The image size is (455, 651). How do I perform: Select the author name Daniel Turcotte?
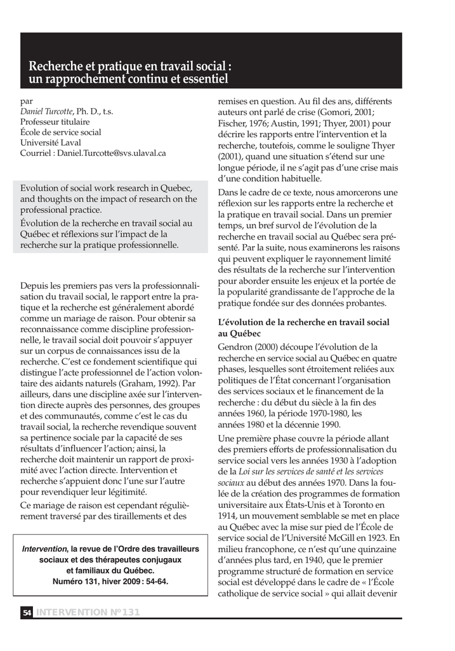click(46, 112)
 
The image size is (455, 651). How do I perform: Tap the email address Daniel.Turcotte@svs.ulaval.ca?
click(112, 153)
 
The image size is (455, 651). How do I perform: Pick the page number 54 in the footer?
click(27, 612)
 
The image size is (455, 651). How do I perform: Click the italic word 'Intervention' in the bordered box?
click(44, 549)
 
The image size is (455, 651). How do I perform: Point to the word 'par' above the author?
click(27, 101)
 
